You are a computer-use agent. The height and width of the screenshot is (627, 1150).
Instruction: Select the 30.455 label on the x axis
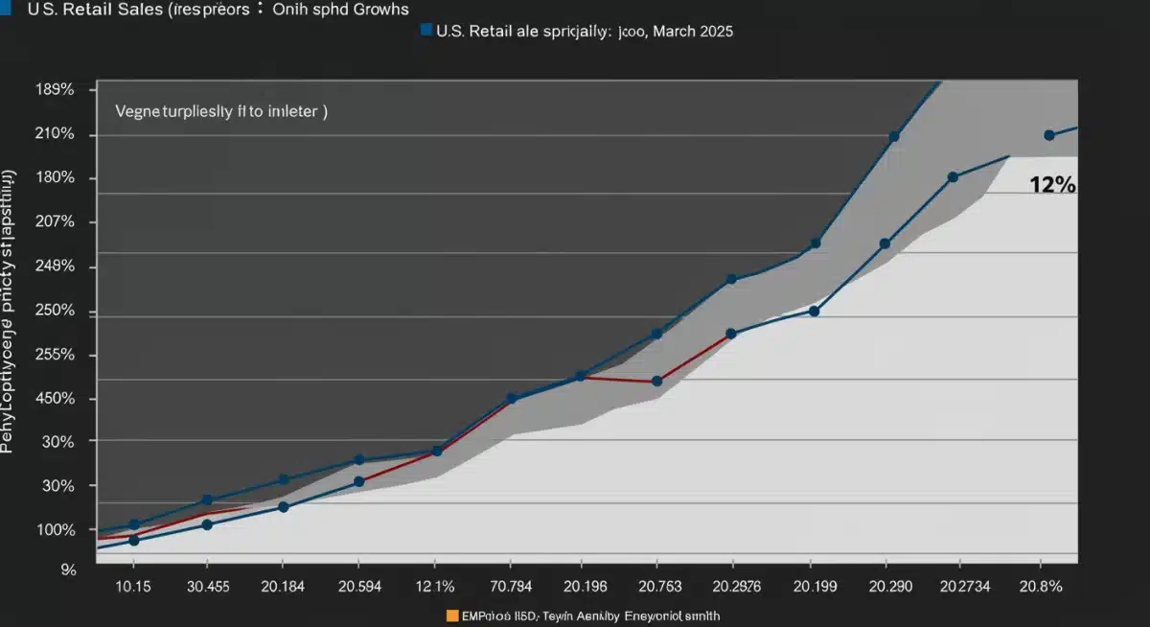[207, 586]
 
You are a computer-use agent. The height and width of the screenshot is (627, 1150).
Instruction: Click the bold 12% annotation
[1051, 186]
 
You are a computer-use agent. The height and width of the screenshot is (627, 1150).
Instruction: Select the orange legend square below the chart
[451, 615]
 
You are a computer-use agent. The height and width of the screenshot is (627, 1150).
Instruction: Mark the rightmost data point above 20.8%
[1048, 135]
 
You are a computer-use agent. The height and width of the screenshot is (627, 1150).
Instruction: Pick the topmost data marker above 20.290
[893, 137]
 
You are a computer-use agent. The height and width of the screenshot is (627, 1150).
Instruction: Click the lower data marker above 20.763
[656, 382]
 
